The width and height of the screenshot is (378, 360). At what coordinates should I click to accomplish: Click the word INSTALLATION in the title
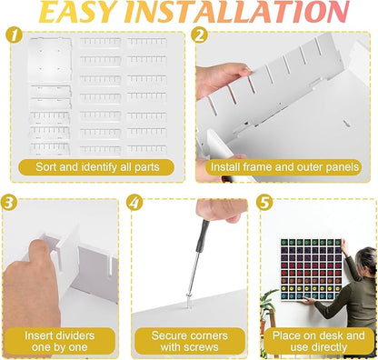coord(237,12)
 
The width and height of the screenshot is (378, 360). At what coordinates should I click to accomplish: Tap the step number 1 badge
coord(14,35)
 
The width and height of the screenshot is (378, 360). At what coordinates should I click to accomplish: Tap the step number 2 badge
coord(199,35)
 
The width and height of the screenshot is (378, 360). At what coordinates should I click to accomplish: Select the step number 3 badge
coord(9,202)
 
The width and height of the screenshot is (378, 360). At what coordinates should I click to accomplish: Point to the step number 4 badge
coord(134,202)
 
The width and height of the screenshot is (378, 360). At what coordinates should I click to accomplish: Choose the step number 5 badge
coord(264,202)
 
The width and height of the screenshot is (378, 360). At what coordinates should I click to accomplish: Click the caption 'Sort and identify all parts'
coord(97,167)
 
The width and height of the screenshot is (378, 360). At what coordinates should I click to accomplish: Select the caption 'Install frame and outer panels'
coord(284,167)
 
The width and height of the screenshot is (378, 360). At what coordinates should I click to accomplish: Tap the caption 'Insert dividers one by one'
coord(59,341)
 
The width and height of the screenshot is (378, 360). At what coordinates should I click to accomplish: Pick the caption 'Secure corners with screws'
coord(189,341)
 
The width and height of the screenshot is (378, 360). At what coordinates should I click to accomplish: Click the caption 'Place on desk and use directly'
coord(319,341)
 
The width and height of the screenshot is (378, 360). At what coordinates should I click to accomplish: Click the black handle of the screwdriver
coord(203,235)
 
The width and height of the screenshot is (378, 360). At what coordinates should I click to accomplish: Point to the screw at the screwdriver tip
coord(189,301)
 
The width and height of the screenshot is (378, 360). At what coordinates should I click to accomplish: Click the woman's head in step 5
coord(365,260)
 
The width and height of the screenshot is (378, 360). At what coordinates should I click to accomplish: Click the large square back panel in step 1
coord(50,60)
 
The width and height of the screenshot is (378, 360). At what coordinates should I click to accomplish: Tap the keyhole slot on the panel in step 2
coord(345,123)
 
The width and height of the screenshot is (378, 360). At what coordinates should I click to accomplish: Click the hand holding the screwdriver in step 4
coord(218,210)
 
